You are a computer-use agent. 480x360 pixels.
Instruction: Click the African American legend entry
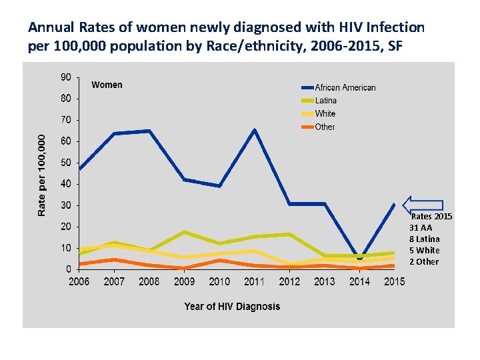(345, 87)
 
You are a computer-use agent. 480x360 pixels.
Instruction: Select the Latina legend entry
(325, 101)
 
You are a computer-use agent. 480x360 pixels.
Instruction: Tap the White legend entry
(325, 114)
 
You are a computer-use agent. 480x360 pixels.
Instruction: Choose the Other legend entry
(325, 127)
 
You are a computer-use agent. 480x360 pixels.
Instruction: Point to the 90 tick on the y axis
(65, 77)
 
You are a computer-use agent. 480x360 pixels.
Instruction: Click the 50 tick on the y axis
(65, 163)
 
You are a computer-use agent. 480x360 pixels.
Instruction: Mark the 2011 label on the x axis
(254, 281)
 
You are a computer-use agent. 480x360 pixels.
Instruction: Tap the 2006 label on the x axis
(79, 281)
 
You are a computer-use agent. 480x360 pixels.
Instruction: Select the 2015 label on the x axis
(394, 281)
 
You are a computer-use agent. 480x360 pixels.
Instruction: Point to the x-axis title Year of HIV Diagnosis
(232, 307)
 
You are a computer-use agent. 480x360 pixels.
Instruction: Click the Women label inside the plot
(107, 85)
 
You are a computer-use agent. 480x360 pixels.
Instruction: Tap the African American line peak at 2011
(255, 130)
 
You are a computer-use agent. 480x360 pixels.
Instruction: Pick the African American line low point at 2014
(359, 256)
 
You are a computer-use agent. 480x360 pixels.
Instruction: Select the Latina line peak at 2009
(185, 232)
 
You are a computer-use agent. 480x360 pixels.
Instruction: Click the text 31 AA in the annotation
(421, 227)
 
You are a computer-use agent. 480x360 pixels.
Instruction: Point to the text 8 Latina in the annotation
(425, 239)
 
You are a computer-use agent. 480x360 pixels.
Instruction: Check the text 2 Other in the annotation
(424, 261)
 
